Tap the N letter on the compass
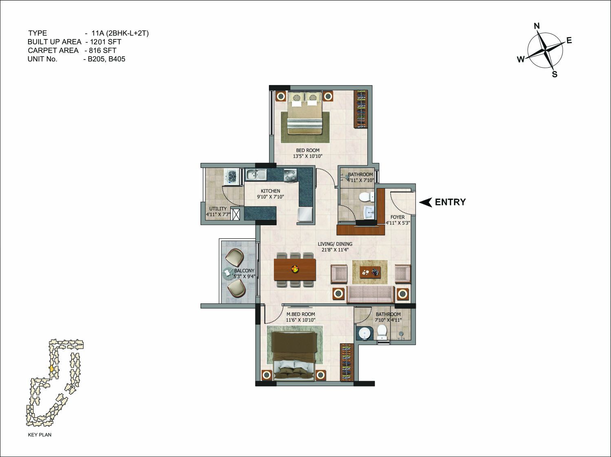(x=537, y=26)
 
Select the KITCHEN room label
(x=270, y=191)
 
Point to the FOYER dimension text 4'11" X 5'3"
(x=398, y=223)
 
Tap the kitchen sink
(x=256, y=175)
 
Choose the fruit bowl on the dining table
(x=295, y=269)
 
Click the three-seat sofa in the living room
(x=371, y=294)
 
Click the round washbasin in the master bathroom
(x=363, y=334)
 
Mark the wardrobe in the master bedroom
(x=347, y=363)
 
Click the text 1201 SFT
(x=106, y=42)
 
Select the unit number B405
(x=117, y=59)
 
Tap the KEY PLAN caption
(x=40, y=435)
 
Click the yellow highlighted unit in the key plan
(x=51, y=369)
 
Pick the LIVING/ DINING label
(x=335, y=244)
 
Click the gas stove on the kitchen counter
(x=290, y=176)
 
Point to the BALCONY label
(x=244, y=270)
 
